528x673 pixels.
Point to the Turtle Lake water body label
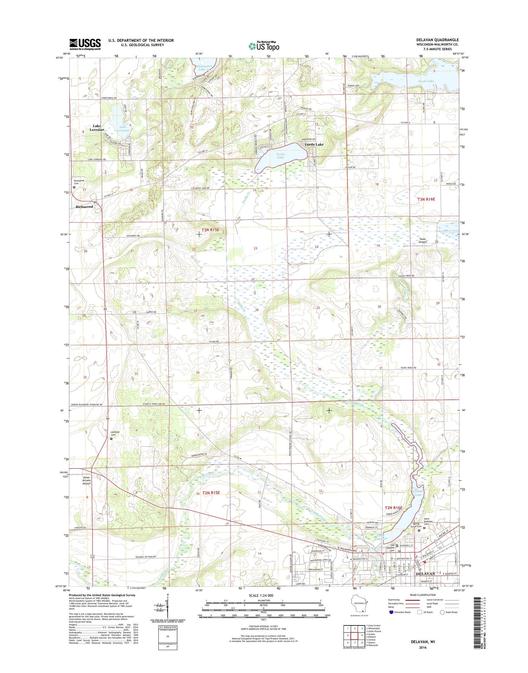pos(280,156)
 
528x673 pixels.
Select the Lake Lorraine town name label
pos(96,127)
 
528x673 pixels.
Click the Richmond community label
pos(84,207)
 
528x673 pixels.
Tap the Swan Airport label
pos(422,240)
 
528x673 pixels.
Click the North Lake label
pos(426,81)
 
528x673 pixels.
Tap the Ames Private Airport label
pos(87,480)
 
